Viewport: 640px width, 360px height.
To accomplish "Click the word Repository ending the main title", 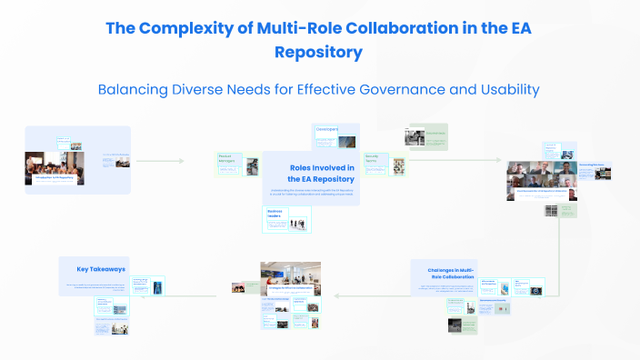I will pyautogui.click(x=318, y=52).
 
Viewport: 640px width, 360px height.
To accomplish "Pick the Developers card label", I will pyautogui.click(x=327, y=130).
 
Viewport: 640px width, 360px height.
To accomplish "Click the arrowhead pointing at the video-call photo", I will pyautogui.click(x=499, y=161).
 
